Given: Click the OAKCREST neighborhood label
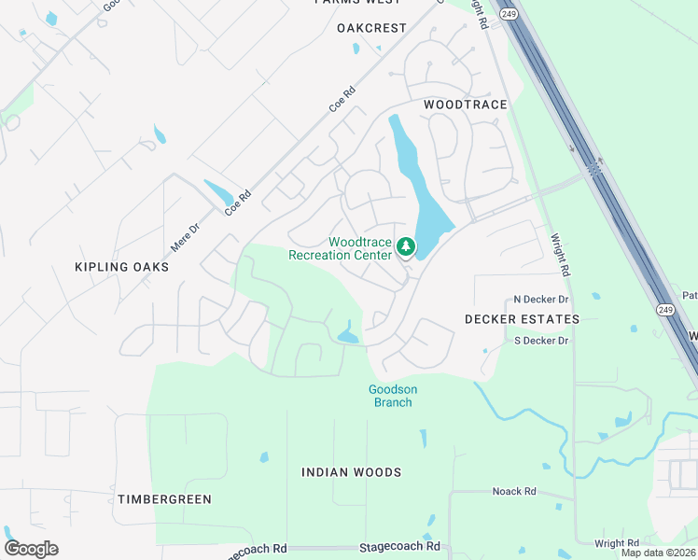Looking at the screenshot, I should (371, 28).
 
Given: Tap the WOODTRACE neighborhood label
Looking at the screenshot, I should (465, 105).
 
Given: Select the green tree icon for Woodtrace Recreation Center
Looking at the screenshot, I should (405, 246).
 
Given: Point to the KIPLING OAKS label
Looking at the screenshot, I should (122, 267).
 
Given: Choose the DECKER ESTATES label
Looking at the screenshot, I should (522, 319).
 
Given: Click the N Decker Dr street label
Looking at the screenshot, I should (541, 300).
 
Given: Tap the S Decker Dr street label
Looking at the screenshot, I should (541, 341).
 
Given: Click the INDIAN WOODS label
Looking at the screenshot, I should (351, 472).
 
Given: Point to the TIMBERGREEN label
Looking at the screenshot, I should (164, 499).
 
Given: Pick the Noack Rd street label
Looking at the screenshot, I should (514, 491).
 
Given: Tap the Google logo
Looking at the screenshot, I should (31, 549).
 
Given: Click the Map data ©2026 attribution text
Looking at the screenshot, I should (658, 553).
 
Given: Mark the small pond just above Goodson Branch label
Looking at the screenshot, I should (347, 335).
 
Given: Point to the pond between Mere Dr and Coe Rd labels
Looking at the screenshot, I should (219, 192).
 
